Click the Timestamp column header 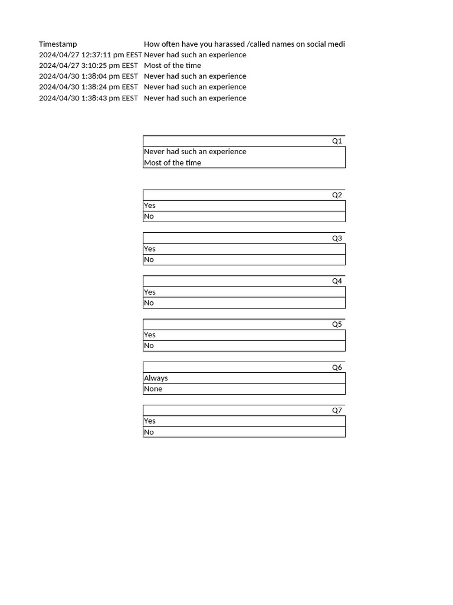click(58, 44)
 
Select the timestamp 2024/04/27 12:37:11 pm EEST click(90, 55)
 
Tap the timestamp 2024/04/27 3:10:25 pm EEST click(88, 66)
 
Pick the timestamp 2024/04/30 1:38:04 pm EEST click(88, 76)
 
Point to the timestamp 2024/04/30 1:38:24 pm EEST click(88, 87)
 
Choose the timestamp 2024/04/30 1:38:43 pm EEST click(88, 98)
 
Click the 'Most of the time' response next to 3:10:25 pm click(172, 66)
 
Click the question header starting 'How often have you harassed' click(244, 44)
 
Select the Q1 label click(337, 141)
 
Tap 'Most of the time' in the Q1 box click(172, 163)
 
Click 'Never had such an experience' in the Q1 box click(195, 152)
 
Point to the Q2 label click(337, 195)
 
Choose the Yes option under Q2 click(150, 206)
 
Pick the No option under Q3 click(149, 259)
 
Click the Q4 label click(337, 281)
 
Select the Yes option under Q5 click(150, 335)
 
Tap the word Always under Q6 click(156, 378)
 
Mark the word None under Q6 click(153, 389)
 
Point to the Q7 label click(337, 411)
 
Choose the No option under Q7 click(149, 432)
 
